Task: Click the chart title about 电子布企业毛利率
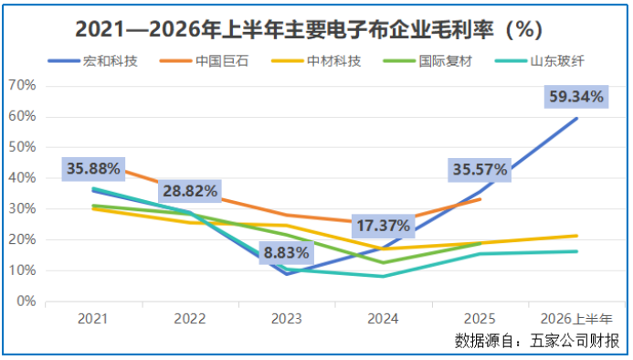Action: [309, 29]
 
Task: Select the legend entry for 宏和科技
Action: [93, 61]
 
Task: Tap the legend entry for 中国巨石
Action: [205, 61]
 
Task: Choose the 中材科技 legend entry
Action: [316, 61]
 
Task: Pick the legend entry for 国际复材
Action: [427, 61]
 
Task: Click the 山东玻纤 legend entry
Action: [539, 61]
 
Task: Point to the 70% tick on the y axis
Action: [22, 85]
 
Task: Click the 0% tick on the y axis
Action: [26, 302]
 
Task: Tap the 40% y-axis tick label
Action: [22, 178]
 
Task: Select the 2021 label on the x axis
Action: [93, 319]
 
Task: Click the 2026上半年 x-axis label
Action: [576, 319]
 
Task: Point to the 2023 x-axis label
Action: [286, 319]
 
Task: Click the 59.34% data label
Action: [576, 97]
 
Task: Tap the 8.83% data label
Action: [286, 253]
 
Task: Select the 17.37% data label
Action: [383, 226]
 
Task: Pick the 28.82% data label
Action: [190, 191]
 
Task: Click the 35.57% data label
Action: [480, 170]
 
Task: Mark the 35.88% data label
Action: [93, 168]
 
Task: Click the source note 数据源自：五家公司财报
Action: [537, 341]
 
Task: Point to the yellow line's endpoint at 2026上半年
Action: [576, 236]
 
